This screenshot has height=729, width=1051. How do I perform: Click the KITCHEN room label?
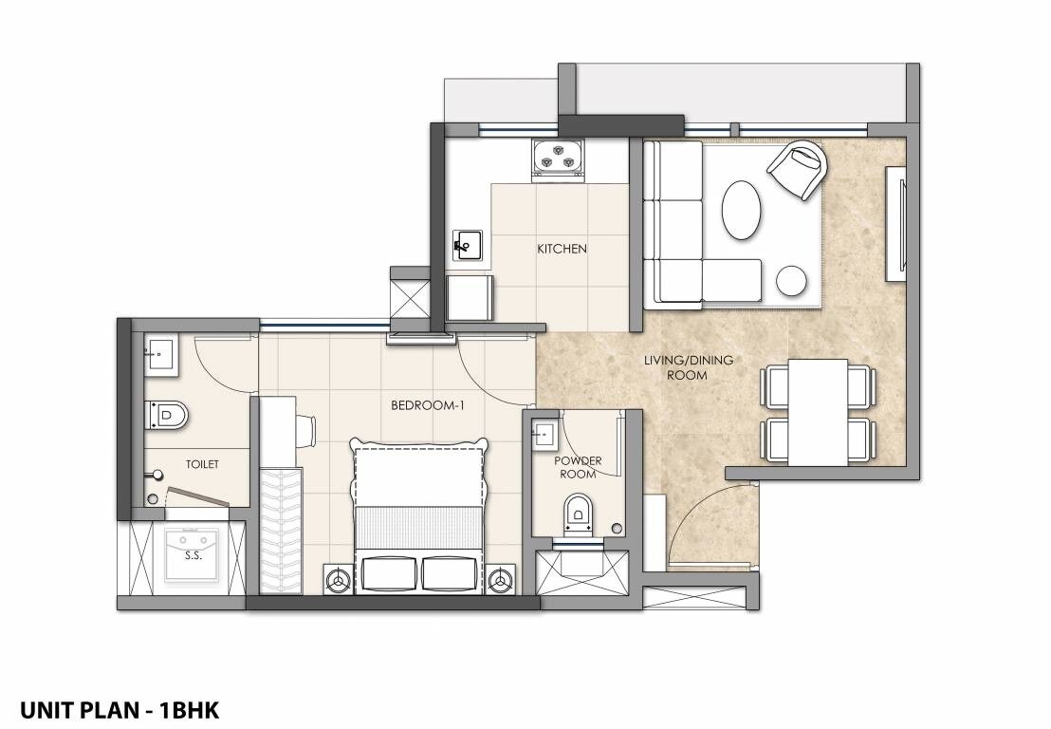point(562,250)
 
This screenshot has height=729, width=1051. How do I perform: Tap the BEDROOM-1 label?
point(426,405)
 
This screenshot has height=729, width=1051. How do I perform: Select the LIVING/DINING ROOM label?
point(689,367)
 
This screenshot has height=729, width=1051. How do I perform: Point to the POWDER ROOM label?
point(577,467)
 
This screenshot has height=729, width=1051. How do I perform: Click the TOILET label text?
point(203,464)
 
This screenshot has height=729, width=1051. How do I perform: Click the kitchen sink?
point(468,246)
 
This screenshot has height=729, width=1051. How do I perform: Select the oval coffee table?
point(742,212)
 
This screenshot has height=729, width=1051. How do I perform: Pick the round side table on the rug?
point(791,281)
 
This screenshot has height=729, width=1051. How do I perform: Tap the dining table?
point(818,412)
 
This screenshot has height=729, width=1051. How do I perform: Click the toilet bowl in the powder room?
point(578,513)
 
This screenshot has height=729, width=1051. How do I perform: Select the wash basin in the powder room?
point(544,435)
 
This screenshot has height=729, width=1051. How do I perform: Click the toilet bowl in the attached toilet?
point(169,414)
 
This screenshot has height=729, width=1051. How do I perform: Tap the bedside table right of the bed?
point(502,576)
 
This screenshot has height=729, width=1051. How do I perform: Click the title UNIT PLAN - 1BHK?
point(119,709)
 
